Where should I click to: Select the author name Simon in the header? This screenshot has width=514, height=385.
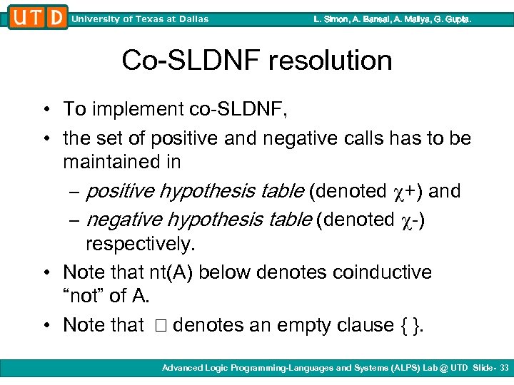[x=337, y=19]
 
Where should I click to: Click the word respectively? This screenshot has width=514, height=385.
[x=140, y=245]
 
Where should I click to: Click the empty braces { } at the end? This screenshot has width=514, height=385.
[x=406, y=326]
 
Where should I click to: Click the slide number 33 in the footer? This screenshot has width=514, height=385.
[x=504, y=368]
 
